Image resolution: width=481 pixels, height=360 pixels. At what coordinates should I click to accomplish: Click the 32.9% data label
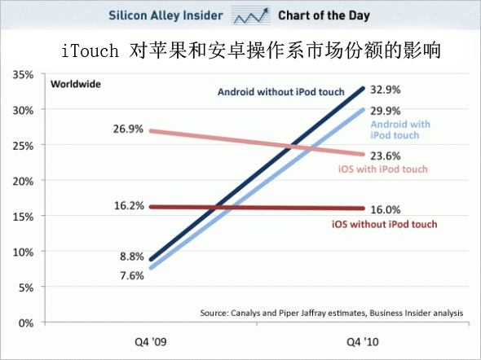(x=386, y=90)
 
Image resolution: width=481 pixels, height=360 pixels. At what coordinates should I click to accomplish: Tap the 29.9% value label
(x=386, y=111)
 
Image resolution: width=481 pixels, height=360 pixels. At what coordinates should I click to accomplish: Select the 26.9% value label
(x=128, y=129)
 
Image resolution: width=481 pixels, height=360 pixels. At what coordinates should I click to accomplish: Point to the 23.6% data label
(x=386, y=156)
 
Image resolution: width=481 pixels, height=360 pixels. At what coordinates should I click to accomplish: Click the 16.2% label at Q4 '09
(x=129, y=205)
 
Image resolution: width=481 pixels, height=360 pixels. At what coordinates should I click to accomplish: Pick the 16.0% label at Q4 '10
(x=386, y=210)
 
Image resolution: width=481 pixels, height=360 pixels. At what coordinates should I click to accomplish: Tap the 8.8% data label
(x=132, y=256)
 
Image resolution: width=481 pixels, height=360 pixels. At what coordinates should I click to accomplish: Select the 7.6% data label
(x=132, y=276)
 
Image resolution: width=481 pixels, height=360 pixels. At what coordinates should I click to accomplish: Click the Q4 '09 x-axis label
(x=151, y=341)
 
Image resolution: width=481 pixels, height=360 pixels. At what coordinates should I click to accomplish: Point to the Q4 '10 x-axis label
(x=363, y=341)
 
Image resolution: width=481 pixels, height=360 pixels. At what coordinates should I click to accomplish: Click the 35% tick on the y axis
(x=23, y=75)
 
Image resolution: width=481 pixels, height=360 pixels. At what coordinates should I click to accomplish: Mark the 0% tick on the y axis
(x=26, y=323)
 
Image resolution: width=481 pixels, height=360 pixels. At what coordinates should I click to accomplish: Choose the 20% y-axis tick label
(x=23, y=182)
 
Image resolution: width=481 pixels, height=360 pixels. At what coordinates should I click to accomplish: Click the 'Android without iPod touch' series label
(x=281, y=92)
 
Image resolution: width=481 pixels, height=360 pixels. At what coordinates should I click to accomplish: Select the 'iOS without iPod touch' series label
(x=384, y=224)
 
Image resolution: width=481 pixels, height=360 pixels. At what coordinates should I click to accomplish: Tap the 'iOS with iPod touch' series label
(x=383, y=169)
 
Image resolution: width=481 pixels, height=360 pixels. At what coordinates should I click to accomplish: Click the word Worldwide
(x=76, y=84)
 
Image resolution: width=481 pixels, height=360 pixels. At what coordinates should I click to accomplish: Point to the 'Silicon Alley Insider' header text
(x=165, y=15)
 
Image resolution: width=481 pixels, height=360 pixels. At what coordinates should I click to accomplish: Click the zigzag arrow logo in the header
(x=251, y=15)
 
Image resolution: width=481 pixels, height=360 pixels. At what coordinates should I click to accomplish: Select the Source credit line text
(x=332, y=313)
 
